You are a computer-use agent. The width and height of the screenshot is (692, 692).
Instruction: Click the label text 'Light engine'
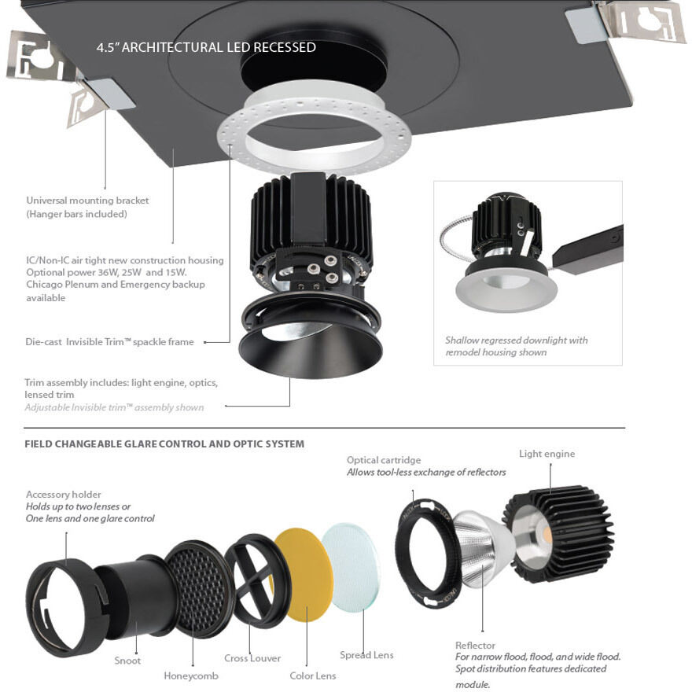click(x=547, y=454)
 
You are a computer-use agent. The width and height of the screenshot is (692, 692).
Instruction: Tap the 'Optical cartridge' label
click(x=384, y=460)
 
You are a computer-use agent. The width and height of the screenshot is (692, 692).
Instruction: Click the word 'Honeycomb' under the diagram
click(x=191, y=675)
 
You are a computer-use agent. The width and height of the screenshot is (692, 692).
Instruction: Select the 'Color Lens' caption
click(x=313, y=675)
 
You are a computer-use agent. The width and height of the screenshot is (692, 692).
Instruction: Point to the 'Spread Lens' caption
click(x=366, y=655)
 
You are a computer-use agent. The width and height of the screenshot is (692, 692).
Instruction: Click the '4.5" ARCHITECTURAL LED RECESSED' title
click(x=206, y=48)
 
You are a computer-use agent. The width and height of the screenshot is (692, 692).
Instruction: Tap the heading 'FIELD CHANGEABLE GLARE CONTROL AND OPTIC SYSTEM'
click(x=164, y=444)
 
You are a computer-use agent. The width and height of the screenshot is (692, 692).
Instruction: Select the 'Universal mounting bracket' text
click(x=87, y=201)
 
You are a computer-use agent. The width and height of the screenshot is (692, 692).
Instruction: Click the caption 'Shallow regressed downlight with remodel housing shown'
click(x=516, y=346)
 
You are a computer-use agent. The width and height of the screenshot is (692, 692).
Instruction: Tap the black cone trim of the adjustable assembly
click(x=291, y=346)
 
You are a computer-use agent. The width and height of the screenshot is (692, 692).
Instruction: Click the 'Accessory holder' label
click(x=64, y=495)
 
